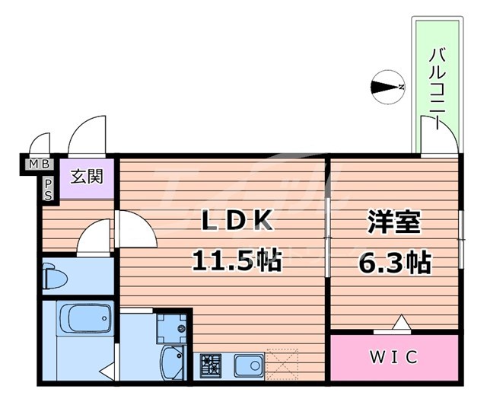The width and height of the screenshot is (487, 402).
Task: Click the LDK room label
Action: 237,221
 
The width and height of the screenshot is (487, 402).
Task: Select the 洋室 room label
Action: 395,222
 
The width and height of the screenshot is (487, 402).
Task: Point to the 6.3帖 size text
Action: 395,263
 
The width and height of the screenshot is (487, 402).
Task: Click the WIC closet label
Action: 395,356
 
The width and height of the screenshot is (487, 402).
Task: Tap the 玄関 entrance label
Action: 87,177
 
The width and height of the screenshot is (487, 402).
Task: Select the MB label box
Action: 39,163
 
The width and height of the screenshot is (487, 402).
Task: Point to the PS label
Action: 48,188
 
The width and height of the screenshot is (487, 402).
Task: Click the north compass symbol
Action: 390,88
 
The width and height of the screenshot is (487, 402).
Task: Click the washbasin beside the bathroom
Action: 173,362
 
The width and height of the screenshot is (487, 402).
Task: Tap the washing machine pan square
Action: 172,326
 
